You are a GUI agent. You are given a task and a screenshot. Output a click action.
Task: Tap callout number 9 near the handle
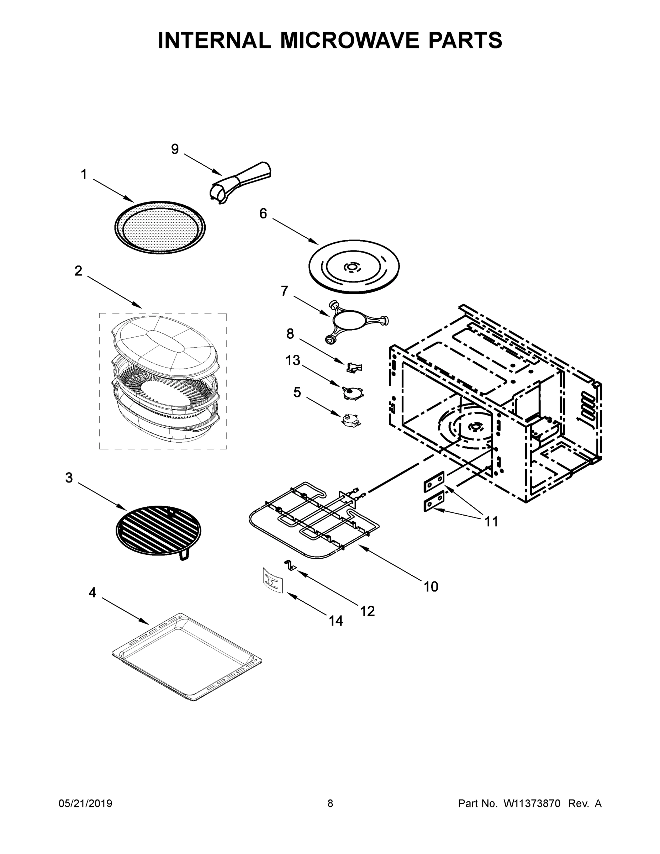(175, 149)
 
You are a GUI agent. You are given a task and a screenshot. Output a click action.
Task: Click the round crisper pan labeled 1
(160, 228)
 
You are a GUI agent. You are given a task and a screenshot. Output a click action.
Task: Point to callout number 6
(263, 213)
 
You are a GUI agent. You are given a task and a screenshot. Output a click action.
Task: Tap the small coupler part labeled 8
(354, 367)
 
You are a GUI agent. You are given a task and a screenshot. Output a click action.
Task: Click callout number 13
(293, 360)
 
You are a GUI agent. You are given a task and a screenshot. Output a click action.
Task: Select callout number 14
(336, 621)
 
